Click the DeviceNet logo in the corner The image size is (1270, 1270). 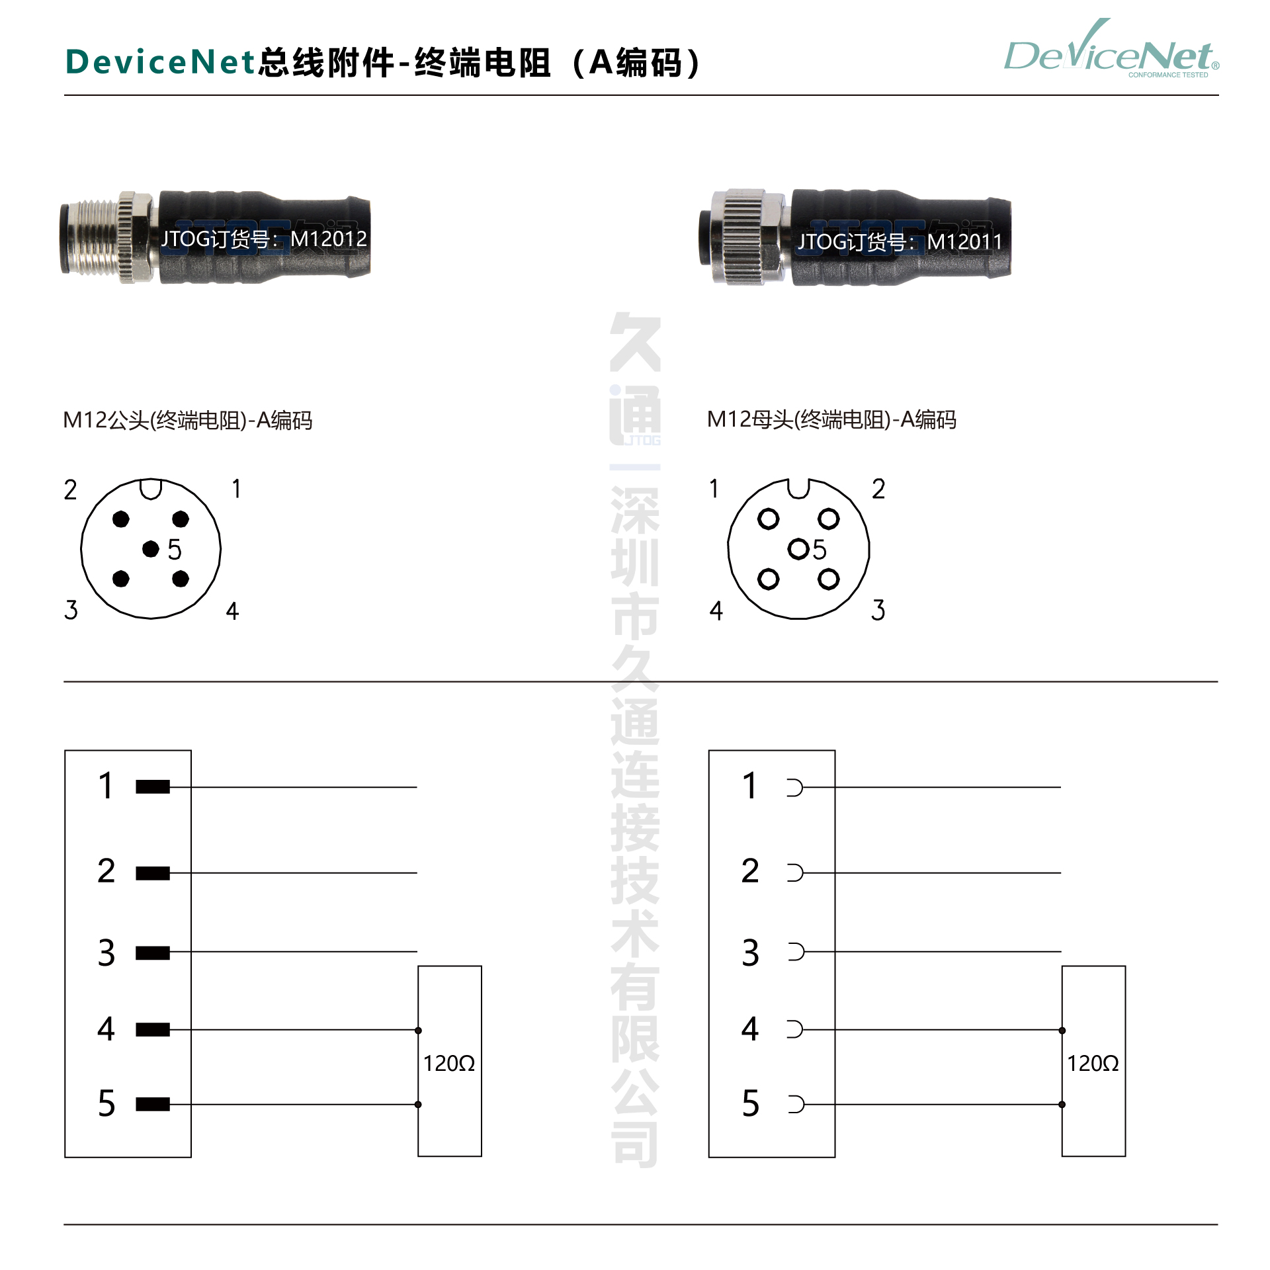[x=1111, y=50]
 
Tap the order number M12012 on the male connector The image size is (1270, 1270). [x=329, y=239]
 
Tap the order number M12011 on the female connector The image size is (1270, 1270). [x=964, y=242]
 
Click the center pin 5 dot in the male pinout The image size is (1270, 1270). [x=151, y=548]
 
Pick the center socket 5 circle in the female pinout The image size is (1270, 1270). [x=798, y=548]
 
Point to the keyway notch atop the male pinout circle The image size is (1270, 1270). [x=151, y=489]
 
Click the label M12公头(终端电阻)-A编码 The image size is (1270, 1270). [x=187, y=420]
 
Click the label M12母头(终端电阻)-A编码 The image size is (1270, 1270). [x=831, y=419]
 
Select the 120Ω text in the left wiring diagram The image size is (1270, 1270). [x=449, y=1063]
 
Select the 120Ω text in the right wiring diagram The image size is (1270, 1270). [x=1093, y=1063]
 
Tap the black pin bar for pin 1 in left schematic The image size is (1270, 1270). [x=153, y=786]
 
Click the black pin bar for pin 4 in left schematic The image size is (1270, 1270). [x=153, y=1029]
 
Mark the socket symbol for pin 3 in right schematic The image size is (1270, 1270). [x=796, y=952]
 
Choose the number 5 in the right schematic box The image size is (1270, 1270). [x=750, y=1103]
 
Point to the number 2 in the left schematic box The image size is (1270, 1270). [x=106, y=870]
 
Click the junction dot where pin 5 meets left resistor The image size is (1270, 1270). [x=418, y=1104]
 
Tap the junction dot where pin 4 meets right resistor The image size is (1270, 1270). [x=1062, y=1030]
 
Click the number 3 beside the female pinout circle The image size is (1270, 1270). [x=878, y=610]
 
